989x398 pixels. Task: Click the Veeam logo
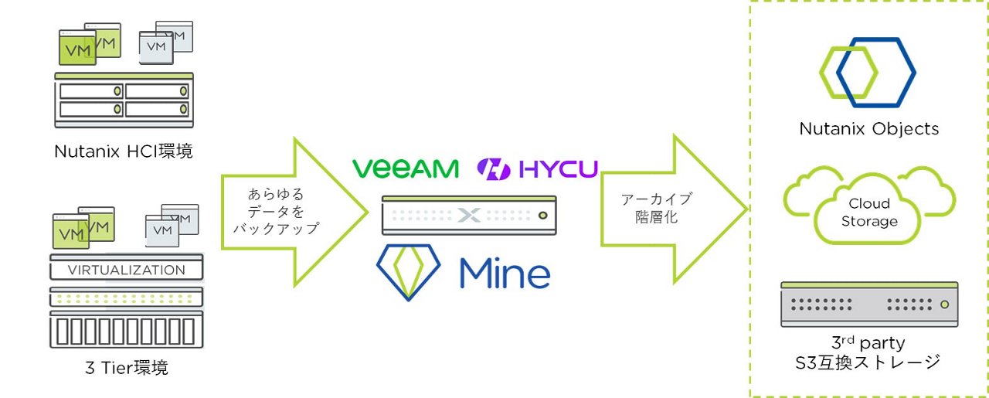(405, 168)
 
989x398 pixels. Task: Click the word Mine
(505, 272)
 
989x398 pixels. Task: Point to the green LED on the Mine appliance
(543, 216)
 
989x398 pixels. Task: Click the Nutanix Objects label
(869, 129)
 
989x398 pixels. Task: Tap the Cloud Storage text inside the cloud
(869, 213)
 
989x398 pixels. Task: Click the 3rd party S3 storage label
(869, 352)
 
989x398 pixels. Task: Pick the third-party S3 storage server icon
(869, 304)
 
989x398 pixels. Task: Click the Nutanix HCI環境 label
(124, 151)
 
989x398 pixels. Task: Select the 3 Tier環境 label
(127, 368)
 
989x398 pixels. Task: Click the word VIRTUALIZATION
(127, 270)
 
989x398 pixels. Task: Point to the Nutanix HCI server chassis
(124, 100)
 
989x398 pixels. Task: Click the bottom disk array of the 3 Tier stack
(127, 330)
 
